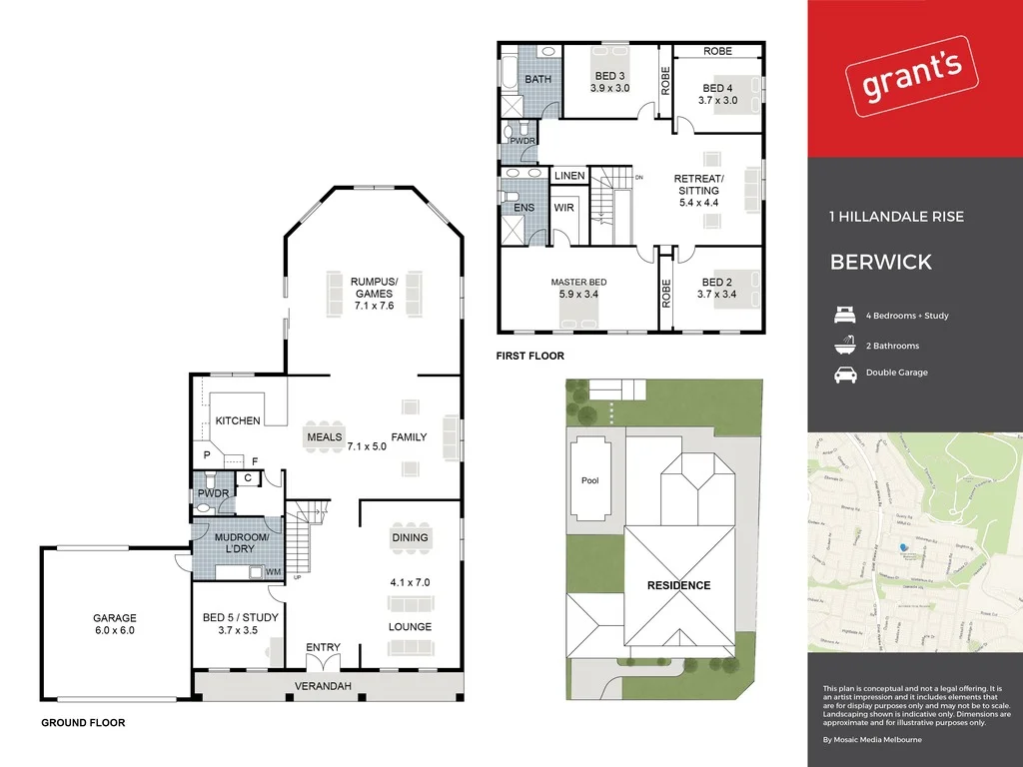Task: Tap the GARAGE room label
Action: [x=115, y=618]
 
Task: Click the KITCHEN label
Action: [x=238, y=420]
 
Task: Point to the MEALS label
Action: [x=325, y=437]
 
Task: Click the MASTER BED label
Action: [x=578, y=283]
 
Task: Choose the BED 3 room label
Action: [x=609, y=76]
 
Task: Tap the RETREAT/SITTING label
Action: [x=698, y=185]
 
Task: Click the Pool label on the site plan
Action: [x=589, y=480]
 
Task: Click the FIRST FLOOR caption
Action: [x=529, y=356]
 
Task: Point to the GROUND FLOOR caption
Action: [x=83, y=722]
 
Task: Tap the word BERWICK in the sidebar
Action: [x=881, y=263]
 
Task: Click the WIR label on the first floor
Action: [x=563, y=209]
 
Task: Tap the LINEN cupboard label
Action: [x=569, y=176]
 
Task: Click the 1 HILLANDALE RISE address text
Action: [x=896, y=217]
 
